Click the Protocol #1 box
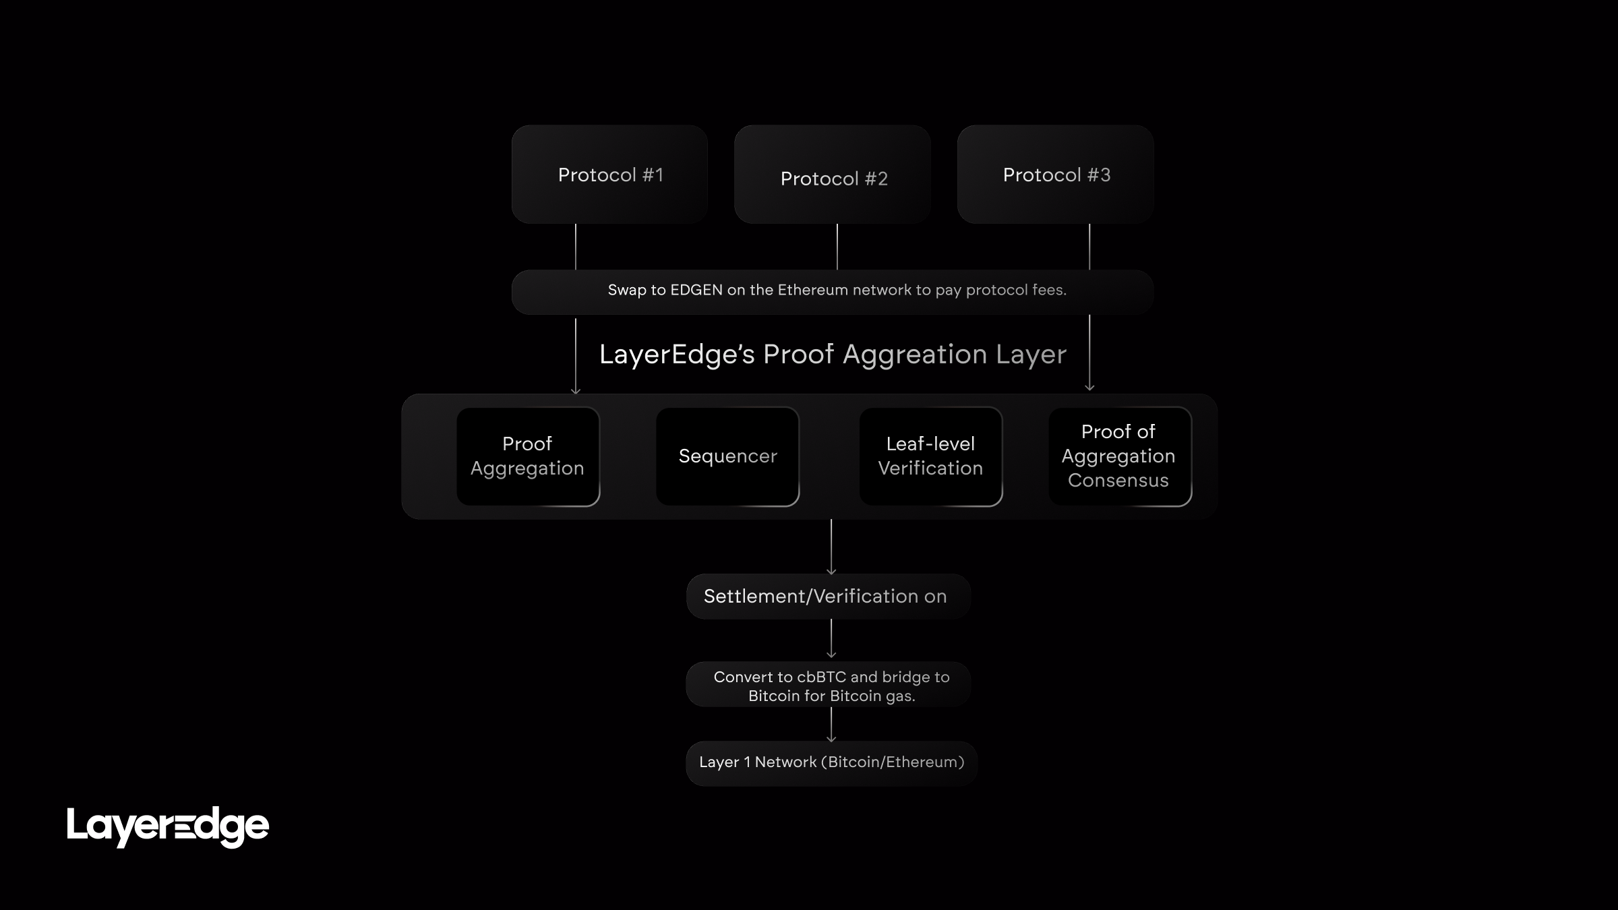pos(609,174)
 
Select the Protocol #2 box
pos(833,174)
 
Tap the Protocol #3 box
pos(1056,174)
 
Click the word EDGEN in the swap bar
pos(696,291)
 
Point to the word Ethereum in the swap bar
pos(813,291)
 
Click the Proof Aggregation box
pos(528,456)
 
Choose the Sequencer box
pos(727,456)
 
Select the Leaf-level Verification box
pos(930,456)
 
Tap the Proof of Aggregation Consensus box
pos(1119,456)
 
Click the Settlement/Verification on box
pos(828,597)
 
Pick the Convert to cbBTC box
pos(829,685)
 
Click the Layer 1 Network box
pos(831,763)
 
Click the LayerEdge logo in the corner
pos(168,826)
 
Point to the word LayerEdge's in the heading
pos(677,355)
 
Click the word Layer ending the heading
pos(1031,355)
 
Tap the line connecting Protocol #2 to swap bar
pos(837,247)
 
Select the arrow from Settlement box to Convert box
pos(831,638)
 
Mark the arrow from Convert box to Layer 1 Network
pos(831,725)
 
